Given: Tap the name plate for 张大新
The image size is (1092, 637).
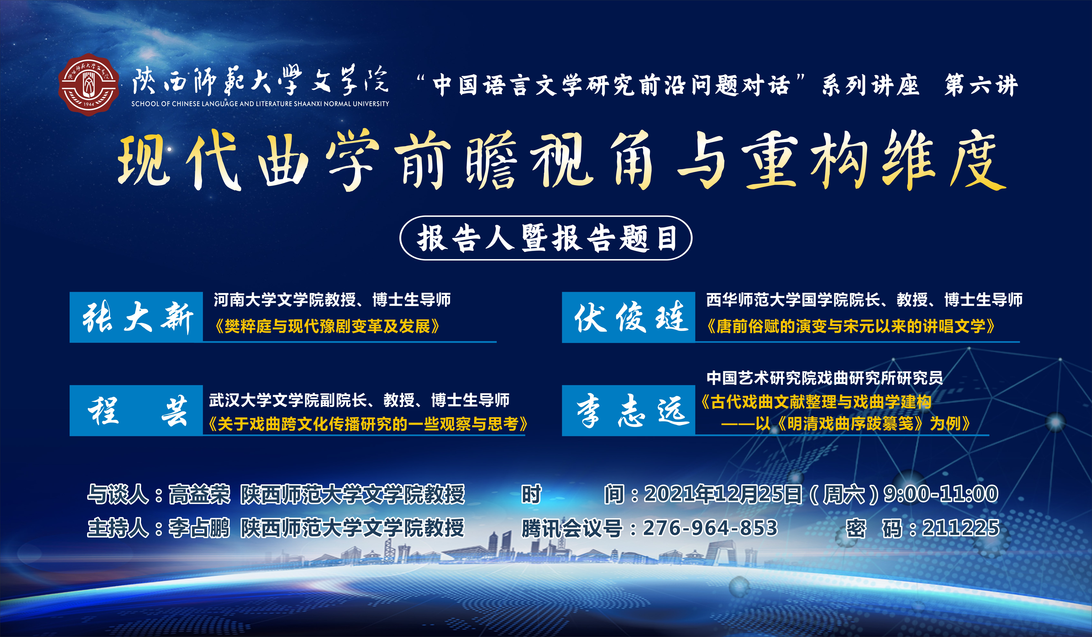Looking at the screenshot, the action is coord(136,317).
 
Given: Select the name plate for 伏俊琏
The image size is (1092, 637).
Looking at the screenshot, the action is coord(628,317).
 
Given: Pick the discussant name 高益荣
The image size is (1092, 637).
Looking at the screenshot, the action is coord(199,495).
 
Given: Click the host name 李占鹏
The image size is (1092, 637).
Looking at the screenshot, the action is coord(199,528).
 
